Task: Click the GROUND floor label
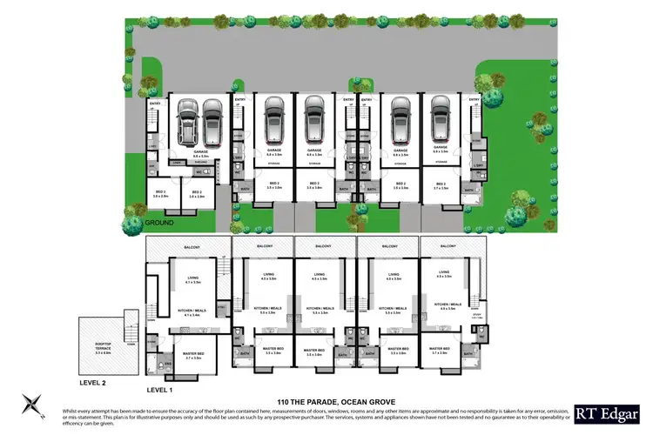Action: pos(159,223)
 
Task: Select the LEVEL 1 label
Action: pos(162,390)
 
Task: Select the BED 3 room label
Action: pos(160,192)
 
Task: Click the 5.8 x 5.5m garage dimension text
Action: pos(200,156)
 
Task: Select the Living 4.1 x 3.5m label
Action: pos(192,280)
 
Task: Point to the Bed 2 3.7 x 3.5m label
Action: pos(440,185)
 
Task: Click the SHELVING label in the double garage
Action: pos(200,162)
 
